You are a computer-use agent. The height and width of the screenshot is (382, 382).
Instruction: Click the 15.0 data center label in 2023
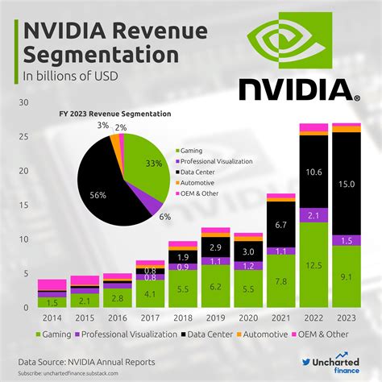coord(347,183)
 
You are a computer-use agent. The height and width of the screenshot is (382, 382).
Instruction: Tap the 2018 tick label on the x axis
coord(183,317)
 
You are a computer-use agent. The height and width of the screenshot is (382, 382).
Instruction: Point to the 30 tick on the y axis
coord(23,102)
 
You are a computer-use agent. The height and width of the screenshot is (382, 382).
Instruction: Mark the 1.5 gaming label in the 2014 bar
coord(52,301)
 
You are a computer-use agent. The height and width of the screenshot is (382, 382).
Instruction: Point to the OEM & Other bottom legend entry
coord(336,334)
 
